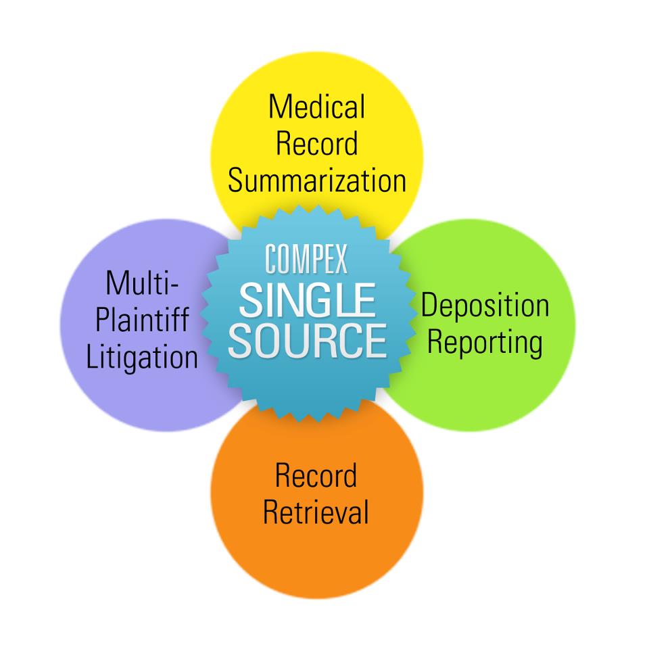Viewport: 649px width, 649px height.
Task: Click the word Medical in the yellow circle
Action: point(317,106)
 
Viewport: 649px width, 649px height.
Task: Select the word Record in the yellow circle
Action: point(317,143)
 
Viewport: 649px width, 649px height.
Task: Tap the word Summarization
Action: point(317,181)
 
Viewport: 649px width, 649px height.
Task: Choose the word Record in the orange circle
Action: point(316,475)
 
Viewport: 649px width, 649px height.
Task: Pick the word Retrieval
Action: point(316,512)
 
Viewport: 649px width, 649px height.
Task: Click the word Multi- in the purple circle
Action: point(143,283)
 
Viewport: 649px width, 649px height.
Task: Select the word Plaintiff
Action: point(143,319)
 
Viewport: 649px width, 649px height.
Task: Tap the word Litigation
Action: point(142,357)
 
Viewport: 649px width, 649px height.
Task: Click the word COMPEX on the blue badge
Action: point(306,259)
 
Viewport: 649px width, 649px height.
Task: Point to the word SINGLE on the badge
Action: point(308,300)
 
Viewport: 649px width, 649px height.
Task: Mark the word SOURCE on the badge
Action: point(308,340)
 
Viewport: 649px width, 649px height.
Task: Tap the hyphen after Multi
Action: point(174,285)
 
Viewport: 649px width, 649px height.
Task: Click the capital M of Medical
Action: point(280,106)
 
